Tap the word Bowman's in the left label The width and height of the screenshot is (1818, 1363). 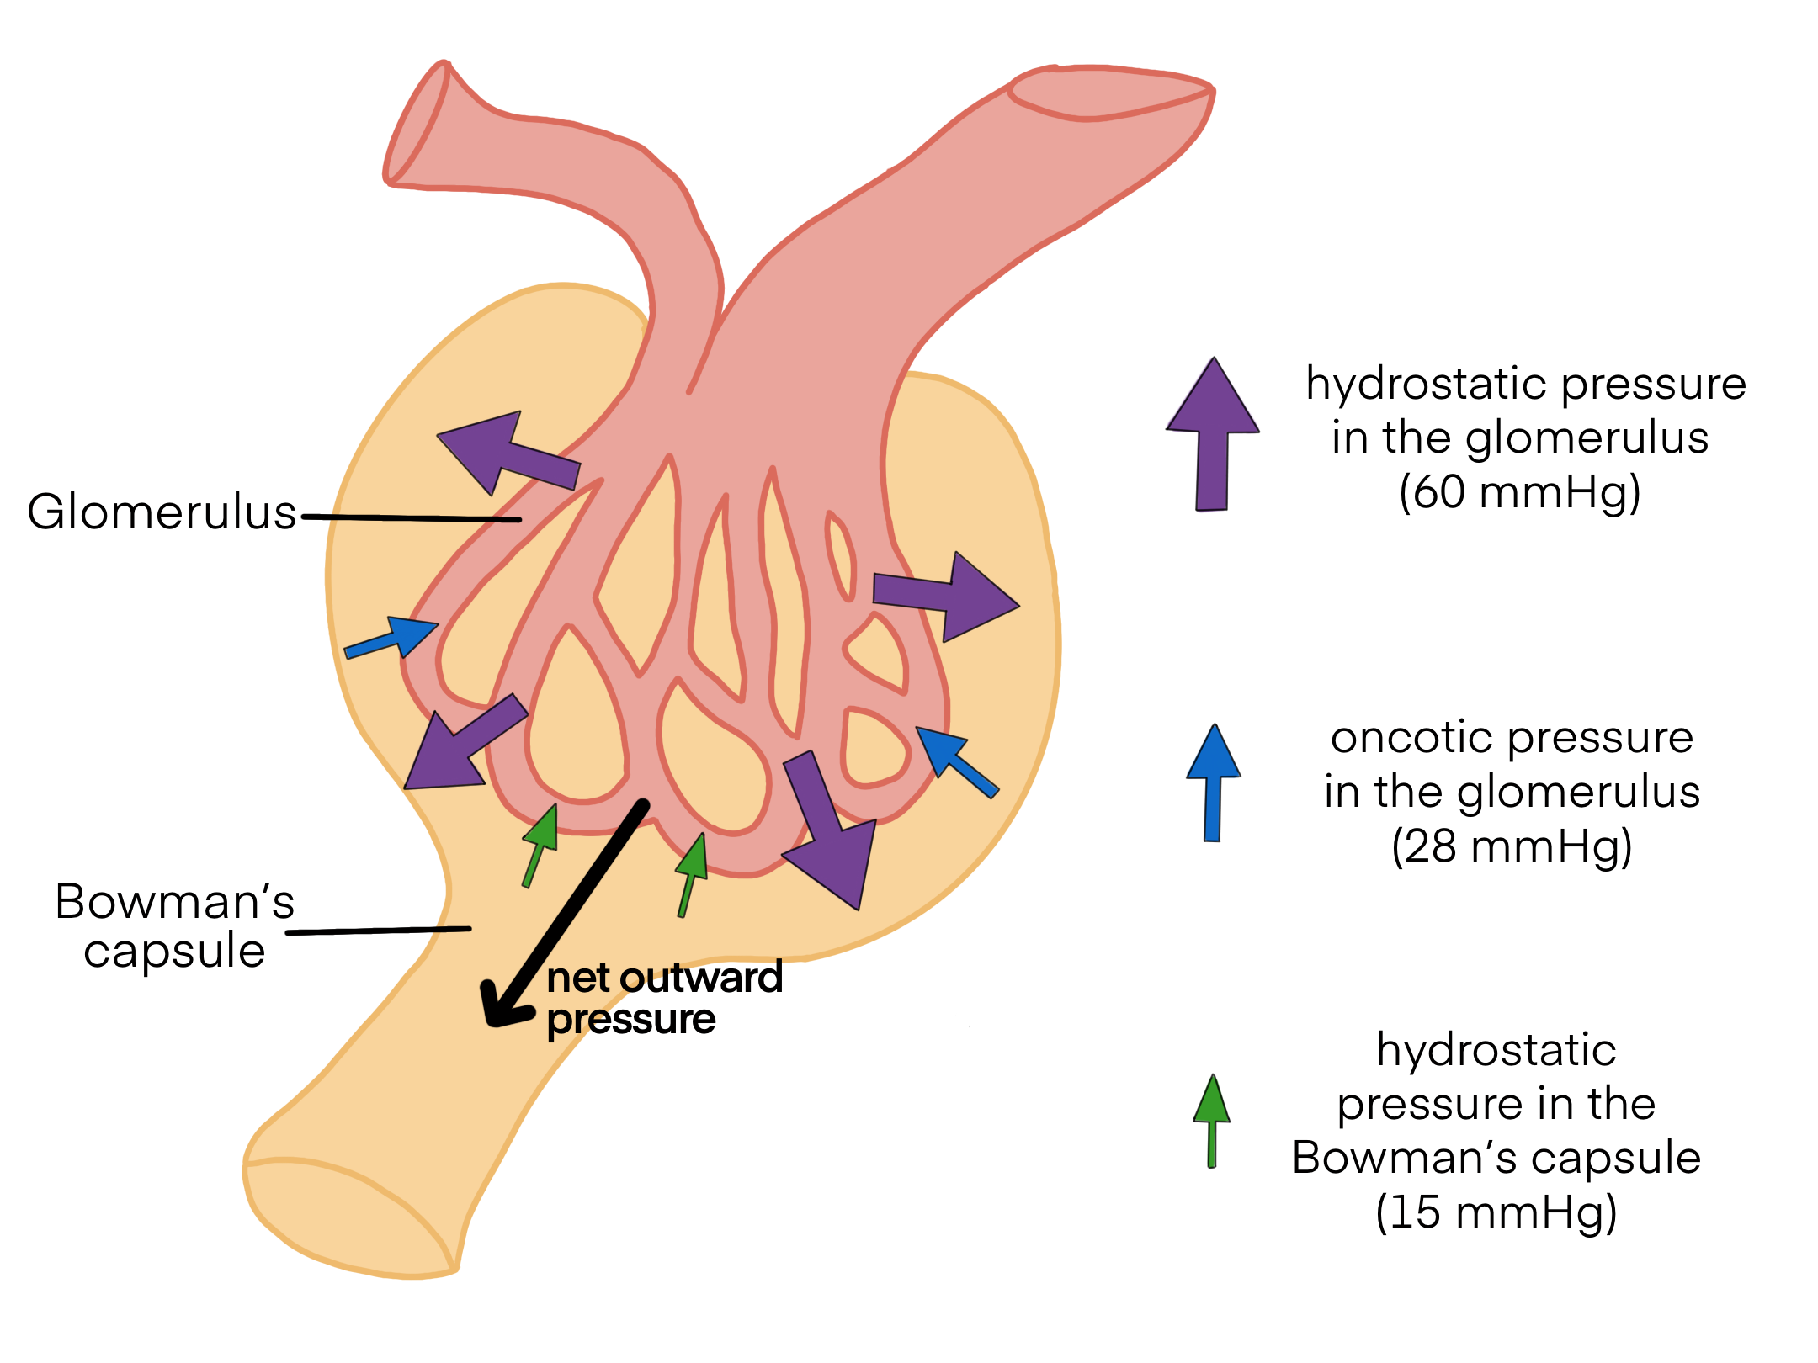point(175,902)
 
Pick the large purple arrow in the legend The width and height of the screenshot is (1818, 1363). point(1212,433)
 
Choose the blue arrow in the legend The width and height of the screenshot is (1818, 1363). point(1213,782)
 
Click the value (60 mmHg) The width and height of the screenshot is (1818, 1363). point(1519,492)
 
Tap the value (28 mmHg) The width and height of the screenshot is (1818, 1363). point(1512,846)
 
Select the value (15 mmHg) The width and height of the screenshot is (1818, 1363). point(1496,1212)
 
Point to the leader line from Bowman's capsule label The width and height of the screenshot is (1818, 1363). point(379,931)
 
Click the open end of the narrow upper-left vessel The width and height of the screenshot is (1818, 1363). point(417,122)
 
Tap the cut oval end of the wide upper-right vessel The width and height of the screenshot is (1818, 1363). point(1111,93)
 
